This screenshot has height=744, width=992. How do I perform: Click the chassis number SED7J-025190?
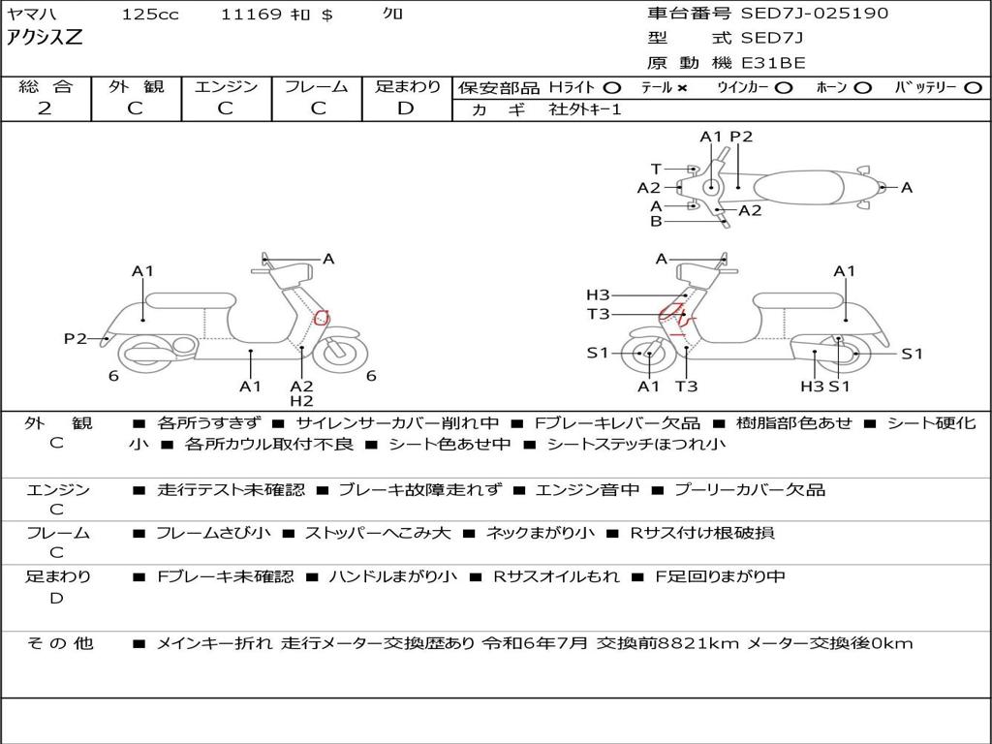pyautogui.click(x=814, y=14)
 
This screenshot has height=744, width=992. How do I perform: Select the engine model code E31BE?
pyautogui.click(x=773, y=64)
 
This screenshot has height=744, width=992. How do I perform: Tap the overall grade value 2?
pyautogui.click(x=45, y=108)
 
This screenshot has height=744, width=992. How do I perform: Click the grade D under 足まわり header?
pyautogui.click(x=406, y=108)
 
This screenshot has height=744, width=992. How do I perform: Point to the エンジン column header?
pyautogui.click(x=226, y=86)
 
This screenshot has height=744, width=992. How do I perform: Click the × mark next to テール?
pyautogui.click(x=682, y=87)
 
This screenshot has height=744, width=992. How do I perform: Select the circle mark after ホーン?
pyautogui.click(x=863, y=87)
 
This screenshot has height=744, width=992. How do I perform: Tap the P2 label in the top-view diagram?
pyautogui.click(x=741, y=137)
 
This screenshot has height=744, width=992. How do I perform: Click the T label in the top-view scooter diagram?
pyautogui.click(x=656, y=169)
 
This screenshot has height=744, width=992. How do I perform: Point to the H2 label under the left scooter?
pyautogui.click(x=301, y=401)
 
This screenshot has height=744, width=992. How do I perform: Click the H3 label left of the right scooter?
pyautogui.click(x=597, y=295)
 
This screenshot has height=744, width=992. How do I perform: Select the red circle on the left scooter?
pyautogui.click(x=323, y=318)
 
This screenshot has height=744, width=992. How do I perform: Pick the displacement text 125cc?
pyautogui.click(x=150, y=14)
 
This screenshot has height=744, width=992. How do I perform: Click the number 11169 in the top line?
pyautogui.click(x=251, y=14)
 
